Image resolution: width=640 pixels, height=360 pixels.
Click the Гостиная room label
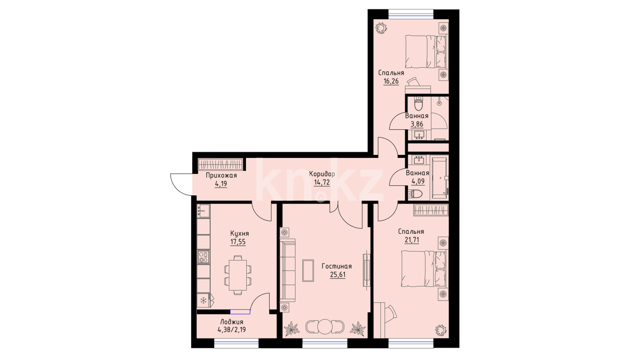[x=337, y=266]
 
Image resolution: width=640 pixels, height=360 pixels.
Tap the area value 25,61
[x=338, y=275]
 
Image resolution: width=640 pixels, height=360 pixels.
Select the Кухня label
[x=239, y=233]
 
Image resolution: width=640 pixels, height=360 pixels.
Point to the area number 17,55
[x=238, y=242]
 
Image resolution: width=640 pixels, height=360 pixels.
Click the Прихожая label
[x=221, y=176]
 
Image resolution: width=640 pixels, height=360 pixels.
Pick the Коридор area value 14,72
[x=322, y=183]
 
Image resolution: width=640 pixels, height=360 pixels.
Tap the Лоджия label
[x=232, y=322]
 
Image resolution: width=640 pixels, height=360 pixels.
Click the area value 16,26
[x=391, y=81]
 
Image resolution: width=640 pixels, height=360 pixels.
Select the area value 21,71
[x=412, y=240]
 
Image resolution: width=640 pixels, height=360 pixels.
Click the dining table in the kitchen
[x=238, y=275]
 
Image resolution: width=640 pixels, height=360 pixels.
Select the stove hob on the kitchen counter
[x=203, y=257]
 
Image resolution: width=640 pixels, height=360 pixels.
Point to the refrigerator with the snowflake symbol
[x=203, y=301]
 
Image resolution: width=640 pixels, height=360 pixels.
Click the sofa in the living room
[x=287, y=270]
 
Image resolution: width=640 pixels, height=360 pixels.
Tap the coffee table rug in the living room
[x=308, y=270]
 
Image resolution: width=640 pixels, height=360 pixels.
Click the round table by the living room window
[x=325, y=327]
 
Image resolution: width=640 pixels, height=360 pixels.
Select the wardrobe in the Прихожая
[x=220, y=165]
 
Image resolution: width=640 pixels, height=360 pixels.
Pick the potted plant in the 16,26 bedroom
[x=381, y=28]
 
